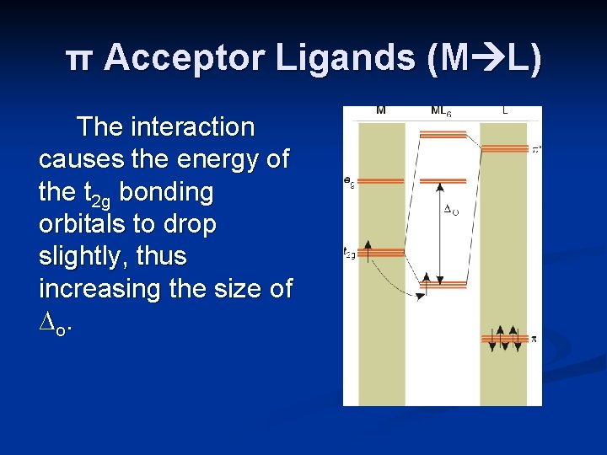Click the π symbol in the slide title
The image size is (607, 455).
coord(80,60)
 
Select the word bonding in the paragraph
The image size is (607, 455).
coord(167,192)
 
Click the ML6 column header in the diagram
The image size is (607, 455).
coord(442,111)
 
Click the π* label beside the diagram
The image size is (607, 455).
coord(535,150)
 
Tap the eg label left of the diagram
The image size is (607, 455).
coord(348,180)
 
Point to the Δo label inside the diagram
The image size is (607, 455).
coord(451,209)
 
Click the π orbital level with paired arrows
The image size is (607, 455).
coord(504,339)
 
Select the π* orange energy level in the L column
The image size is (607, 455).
coord(504,148)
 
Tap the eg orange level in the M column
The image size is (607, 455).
coord(381,180)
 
